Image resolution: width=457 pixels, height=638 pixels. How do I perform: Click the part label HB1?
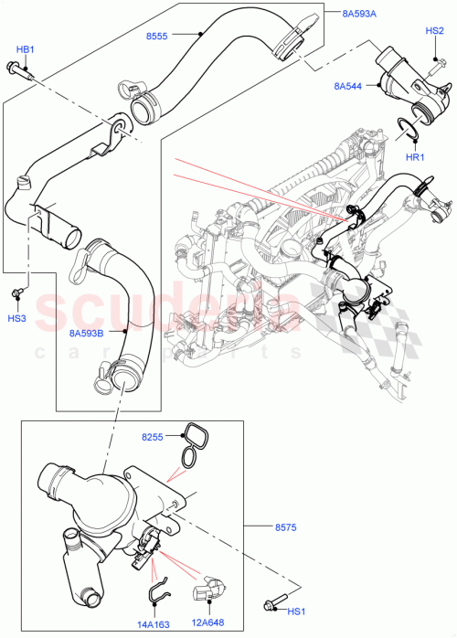point(25,48)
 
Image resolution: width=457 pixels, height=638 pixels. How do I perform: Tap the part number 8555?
point(156,37)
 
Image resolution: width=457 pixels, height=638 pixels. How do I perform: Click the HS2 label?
point(435,30)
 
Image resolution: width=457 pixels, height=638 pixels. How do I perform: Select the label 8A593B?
point(87,333)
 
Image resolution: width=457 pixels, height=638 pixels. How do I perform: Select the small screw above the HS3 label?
point(18,293)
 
